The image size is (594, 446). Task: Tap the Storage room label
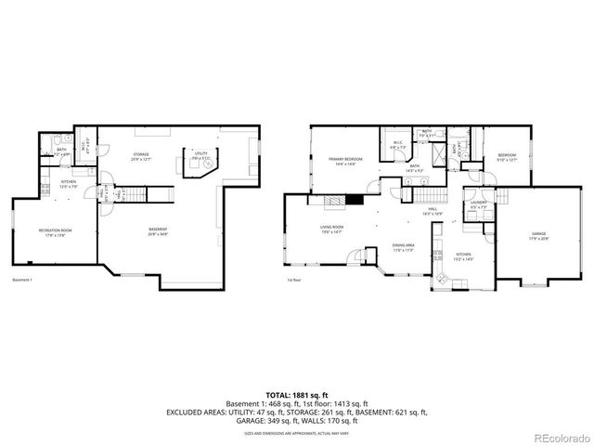[x=141, y=157]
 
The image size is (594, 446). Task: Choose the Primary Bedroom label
[x=344, y=161]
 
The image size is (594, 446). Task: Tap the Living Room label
[x=332, y=230]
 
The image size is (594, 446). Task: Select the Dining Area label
[x=403, y=248]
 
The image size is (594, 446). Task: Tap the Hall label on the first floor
[x=433, y=213]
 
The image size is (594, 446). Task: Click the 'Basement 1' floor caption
[x=24, y=280]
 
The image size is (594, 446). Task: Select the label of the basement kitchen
[x=69, y=184]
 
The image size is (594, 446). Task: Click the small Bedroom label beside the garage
[x=507, y=157]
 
